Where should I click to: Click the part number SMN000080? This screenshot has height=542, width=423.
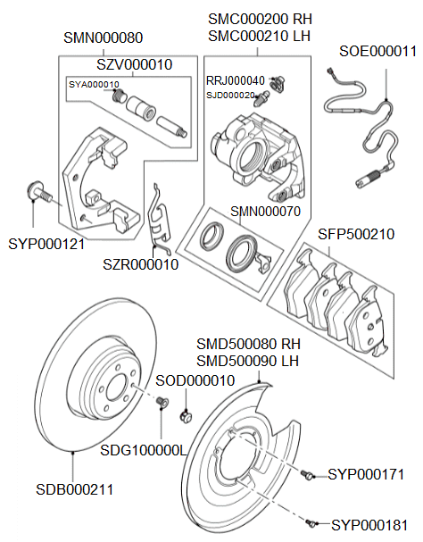pyautogui.click(x=104, y=38)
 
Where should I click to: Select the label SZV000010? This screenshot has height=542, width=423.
pyautogui.click(x=135, y=64)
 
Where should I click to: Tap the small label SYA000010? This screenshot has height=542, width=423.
pyautogui.click(x=94, y=85)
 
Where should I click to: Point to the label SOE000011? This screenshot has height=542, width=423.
pyautogui.click(x=377, y=51)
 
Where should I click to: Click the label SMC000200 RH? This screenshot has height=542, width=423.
pyautogui.click(x=259, y=19)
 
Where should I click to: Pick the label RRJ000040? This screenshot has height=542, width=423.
pyautogui.click(x=236, y=80)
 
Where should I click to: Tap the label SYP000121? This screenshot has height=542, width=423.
pyautogui.click(x=46, y=243)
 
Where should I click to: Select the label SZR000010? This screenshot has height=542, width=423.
pyautogui.click(x=140, y=264)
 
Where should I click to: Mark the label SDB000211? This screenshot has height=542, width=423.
pyautogui.click(x=74, y=488)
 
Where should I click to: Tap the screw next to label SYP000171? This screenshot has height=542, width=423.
pyautogui.click(x=308, y=475)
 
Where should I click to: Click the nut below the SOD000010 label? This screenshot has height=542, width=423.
pyautogui.click(x=184, y=415)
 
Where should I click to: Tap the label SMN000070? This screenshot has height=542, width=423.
pyautogui.click(x=266, y=212)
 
